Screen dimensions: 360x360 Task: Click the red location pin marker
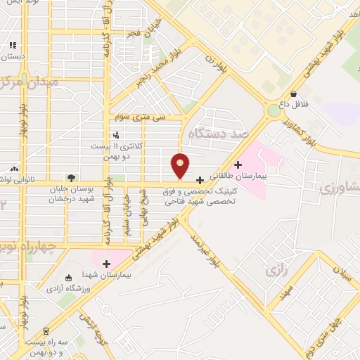click(x=180, y=165)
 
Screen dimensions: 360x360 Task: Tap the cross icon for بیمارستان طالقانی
click(x=238, y=165)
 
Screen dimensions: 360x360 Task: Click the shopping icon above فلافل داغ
click(x=292, y=94)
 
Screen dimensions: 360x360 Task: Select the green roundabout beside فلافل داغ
click(x=274, y=110)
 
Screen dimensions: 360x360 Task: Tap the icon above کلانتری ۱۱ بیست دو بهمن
click(x=117, y=135)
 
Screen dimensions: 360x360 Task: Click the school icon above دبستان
click(x=12, y=45)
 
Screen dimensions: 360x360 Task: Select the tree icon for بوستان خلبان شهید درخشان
click(x=70, y=178)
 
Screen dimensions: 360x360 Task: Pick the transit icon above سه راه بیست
click(x=46, y=330)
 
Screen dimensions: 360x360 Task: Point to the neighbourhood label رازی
click(x=274, y=270)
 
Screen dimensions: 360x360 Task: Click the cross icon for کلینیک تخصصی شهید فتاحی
click(x=200, y=180)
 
